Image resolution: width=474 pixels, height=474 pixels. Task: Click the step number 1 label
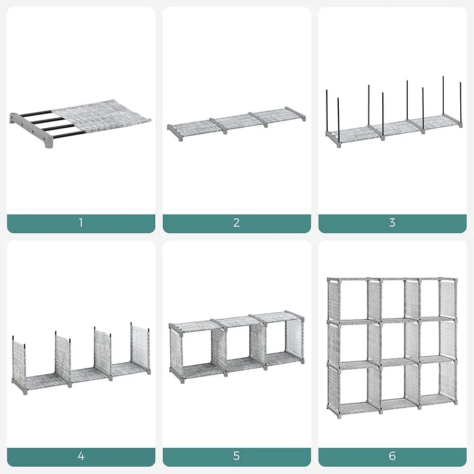[x=81, y=223]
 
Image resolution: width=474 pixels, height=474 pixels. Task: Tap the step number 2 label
[x=236, y=223]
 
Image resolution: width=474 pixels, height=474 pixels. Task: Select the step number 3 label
[x=392, y=223]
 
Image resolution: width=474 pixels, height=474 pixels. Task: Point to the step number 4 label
[x=81, y=456]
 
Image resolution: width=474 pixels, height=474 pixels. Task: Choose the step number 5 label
[x=236, y=456]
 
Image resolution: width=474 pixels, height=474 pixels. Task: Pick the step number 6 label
[x=392, y=456]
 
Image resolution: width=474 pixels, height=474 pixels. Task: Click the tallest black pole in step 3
[x=443, y=95]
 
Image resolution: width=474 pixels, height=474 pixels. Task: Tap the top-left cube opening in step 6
[x=354, y=299]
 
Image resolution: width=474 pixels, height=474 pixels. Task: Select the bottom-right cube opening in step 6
[x=430, y=380]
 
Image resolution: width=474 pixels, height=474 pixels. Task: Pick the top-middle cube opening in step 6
[x=392, y=299]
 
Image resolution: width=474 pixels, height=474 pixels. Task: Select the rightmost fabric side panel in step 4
[x=141, y=348]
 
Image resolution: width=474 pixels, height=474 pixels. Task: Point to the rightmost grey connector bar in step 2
[x=295, y=113]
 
